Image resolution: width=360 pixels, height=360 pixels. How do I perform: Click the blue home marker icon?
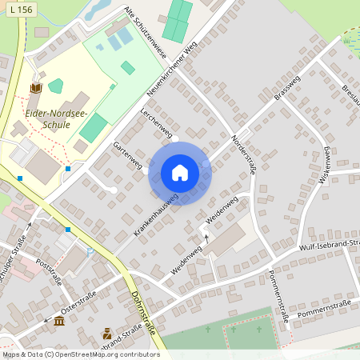180,173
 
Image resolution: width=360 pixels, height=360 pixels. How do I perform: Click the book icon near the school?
35,87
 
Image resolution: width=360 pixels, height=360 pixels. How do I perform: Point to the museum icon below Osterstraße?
59,322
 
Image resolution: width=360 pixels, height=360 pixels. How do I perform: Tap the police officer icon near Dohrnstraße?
107,334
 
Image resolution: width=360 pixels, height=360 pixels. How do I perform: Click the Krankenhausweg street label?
156,216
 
